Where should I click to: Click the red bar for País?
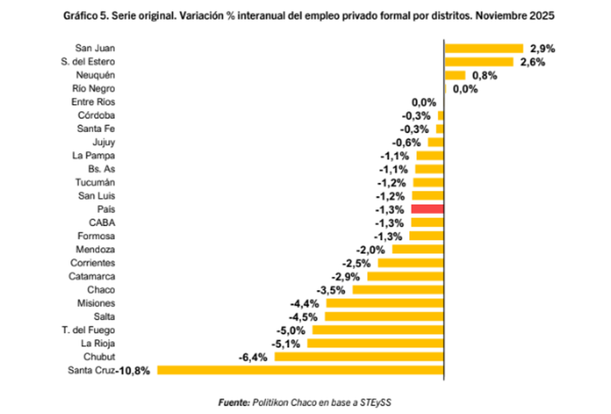(427, 209)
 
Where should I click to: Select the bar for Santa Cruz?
(300, 370)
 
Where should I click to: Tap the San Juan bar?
(484, 48)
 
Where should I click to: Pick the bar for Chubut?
(359, 357)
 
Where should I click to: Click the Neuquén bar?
(455, 75)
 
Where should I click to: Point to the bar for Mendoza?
(418, 249)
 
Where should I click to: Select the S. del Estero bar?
(479, 62)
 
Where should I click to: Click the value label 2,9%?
(542, 49)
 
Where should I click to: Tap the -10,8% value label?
(133, 371)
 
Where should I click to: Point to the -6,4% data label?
(253, 357)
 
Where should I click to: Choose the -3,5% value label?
(331, 290)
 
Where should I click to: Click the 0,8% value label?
(485, 76)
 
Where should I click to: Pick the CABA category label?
(102, 222)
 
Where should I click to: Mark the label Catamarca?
(92, 276)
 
